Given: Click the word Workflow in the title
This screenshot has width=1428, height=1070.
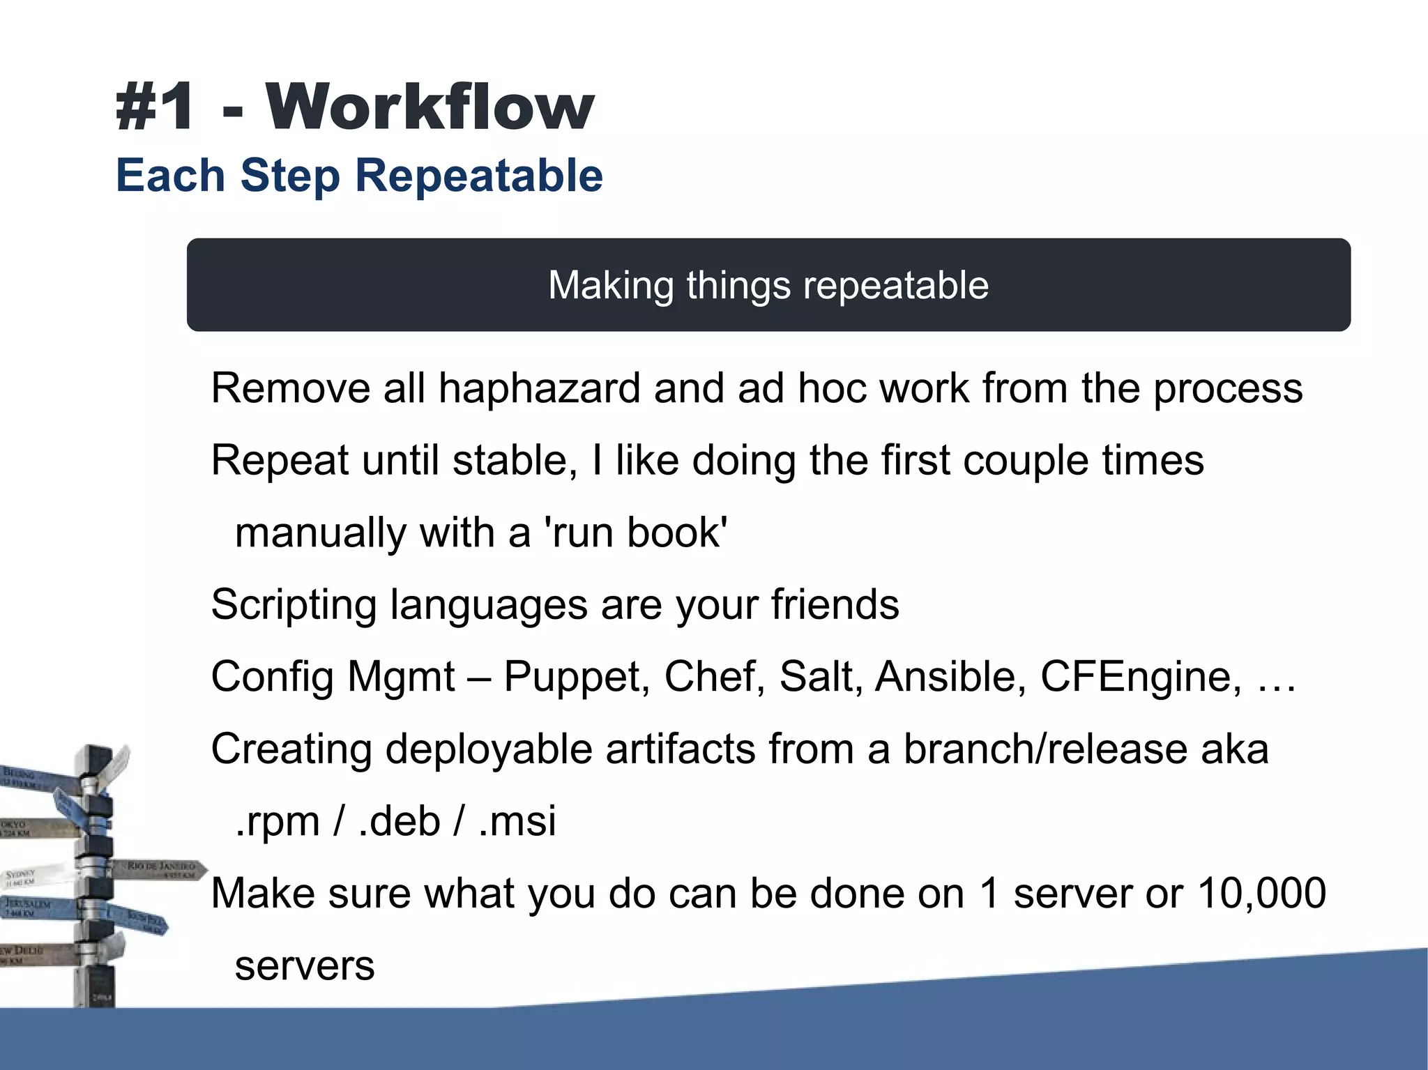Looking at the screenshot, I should tap(430, 107).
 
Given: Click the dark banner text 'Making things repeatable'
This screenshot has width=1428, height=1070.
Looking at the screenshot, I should tap(768, 285).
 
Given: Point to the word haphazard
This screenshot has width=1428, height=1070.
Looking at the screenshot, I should tap(539, 388).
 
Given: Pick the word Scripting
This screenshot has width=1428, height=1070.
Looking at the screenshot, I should tap(294, 605).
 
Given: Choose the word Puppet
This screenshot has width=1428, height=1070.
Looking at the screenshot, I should tap(577, 677).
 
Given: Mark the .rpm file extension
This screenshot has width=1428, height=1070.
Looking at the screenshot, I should tap(278, 821).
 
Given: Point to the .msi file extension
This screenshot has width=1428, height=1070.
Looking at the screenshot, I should tap(517, 821).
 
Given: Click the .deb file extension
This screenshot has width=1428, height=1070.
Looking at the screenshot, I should tap(400, 821).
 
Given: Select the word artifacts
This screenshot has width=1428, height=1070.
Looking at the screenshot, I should tap(680, 749).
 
